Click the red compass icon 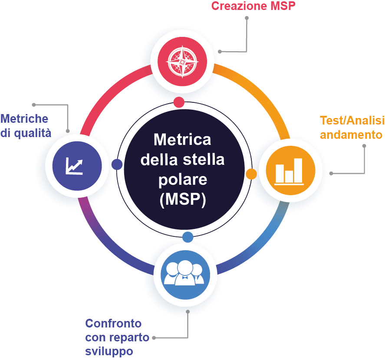click(182, 61)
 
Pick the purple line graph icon click(77, 165)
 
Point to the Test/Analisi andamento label click(351, 127)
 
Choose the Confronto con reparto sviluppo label click(117, 337)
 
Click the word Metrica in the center click(182, 140)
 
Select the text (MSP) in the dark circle click(182, 200)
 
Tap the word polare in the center click(182, 179)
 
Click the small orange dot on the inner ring click(251, 174)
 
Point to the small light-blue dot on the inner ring click(188, 237)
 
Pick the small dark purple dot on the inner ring click(116, 164)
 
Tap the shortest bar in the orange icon click(289, 176)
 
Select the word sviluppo click(109, 350)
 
